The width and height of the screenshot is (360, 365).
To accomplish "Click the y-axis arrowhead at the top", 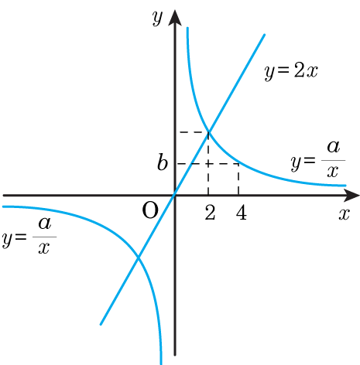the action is point(175,18).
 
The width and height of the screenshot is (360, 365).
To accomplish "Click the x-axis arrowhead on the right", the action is point(351,196).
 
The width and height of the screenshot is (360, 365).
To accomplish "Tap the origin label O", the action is point(150,210).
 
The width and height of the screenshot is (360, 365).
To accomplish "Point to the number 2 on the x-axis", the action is point(210,213).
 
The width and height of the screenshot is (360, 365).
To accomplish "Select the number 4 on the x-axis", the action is point(242,213).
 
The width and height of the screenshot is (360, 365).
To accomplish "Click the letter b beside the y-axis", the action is point(163,162).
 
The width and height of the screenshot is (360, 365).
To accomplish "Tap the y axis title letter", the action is point(157,18).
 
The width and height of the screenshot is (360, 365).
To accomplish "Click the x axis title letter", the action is point(345,214).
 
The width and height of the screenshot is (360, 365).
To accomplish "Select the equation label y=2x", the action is point(291,71).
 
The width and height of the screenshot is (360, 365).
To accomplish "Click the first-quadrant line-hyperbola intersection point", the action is point(208,132).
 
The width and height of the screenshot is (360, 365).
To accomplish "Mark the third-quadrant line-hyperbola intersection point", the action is point(139,258).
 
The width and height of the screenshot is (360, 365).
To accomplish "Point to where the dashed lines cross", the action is point(208,164).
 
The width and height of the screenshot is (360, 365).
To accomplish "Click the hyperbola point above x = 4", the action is point(238,163).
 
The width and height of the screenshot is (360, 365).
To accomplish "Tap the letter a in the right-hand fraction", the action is point(334,147).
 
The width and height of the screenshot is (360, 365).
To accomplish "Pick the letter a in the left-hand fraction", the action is point(45,223).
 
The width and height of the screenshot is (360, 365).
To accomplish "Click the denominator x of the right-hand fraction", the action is point(333,172).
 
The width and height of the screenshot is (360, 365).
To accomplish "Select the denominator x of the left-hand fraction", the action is point(44,248).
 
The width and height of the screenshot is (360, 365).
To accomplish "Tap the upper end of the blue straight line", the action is point(265,34).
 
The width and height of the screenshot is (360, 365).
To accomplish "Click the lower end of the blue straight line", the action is point(101,324).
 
